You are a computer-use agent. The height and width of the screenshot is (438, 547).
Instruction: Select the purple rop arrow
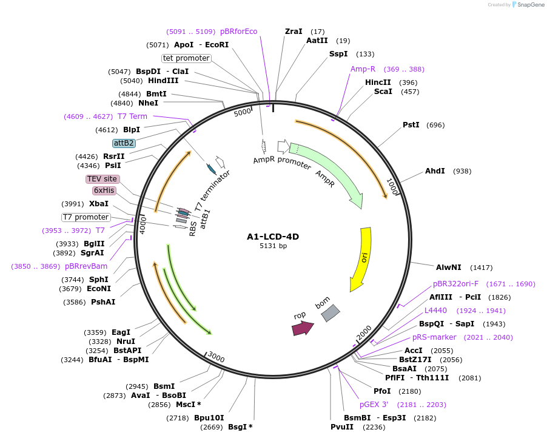point(303,328)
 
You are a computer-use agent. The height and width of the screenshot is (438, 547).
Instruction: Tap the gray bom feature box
point(331,312)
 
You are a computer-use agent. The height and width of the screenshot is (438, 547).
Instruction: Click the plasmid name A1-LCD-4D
point(273,237)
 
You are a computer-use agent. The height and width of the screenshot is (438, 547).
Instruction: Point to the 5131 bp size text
point(273,246)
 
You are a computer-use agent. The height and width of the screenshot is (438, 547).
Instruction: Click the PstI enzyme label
point(411,125)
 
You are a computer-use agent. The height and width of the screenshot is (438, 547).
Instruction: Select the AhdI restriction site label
point(435,171)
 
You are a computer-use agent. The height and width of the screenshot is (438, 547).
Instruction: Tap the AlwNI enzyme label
point(448,267)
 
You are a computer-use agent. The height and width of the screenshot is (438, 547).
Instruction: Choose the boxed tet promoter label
point(186,58)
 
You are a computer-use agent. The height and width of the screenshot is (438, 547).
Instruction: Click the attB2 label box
point(124,143)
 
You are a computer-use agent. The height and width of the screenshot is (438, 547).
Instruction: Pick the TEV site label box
point(102,179)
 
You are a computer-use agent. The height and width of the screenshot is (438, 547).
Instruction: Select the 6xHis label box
point(104,190)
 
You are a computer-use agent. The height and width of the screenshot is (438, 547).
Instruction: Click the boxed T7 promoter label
point(86,217)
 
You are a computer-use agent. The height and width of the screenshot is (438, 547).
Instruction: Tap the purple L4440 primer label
point(435,311)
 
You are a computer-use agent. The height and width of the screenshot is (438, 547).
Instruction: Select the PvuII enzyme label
point(342,427)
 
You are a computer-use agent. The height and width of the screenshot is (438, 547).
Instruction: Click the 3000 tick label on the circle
point(216,357)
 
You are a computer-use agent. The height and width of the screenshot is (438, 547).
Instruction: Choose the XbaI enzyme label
point(99,204)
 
